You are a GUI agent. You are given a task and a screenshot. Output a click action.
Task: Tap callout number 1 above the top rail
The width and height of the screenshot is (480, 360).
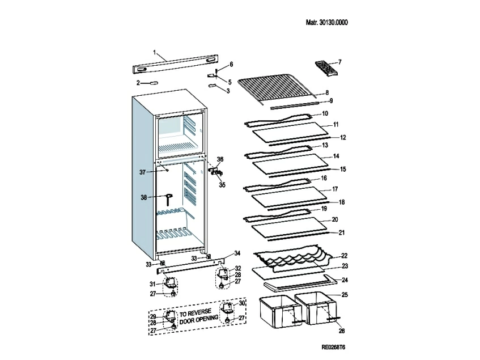point(154,52)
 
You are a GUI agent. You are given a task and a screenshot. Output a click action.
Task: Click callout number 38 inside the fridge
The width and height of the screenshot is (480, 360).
point(144,197)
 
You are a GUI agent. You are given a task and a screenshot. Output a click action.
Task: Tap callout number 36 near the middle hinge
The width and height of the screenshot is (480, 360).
point(220,159)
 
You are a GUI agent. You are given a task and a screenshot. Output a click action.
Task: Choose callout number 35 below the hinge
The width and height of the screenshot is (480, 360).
point(222,185)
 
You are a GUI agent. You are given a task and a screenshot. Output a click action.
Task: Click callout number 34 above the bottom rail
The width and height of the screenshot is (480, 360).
point(237,253)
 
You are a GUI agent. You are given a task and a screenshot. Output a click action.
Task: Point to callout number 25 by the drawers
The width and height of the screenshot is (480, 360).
point(344,295)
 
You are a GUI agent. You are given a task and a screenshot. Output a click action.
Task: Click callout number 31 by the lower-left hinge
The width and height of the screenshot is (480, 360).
point(152,283)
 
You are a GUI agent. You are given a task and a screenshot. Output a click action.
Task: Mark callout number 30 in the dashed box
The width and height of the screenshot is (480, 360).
point(243,304)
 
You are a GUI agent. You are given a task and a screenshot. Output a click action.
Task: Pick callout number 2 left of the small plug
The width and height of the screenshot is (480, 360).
point(138,83)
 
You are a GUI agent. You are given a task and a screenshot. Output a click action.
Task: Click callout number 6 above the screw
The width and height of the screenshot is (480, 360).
point(231,64)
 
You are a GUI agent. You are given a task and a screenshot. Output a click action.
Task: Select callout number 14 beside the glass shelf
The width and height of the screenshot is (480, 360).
point(335,156)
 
